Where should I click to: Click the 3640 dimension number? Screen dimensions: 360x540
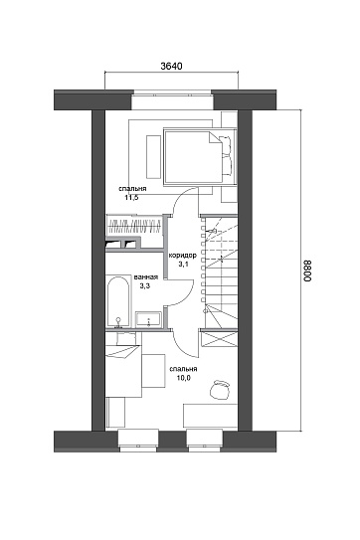click(171, 66)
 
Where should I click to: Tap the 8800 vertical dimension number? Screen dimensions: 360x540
click(307, 270)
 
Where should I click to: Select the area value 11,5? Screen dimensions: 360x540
click(131, 197)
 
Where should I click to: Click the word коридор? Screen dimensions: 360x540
click(182, 256)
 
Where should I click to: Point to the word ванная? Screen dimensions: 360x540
click(146, 277)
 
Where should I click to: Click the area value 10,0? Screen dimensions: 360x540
click(184, 378)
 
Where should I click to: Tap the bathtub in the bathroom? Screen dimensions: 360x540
click(118, 301)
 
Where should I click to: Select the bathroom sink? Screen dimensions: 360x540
click(148, 319)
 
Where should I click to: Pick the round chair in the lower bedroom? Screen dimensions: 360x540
click(220, 390)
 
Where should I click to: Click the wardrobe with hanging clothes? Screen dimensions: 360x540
click(134, 225)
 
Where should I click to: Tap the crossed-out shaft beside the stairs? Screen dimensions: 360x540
click(220, 338)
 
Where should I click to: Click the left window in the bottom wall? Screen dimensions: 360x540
click(138, 441)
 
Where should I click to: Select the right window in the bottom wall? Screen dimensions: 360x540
click(205, 441)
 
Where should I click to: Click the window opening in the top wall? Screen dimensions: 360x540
click(172, 100)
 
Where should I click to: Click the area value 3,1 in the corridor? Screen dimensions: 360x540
click(182, 265)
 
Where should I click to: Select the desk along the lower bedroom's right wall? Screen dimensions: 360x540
click(210, 416)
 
